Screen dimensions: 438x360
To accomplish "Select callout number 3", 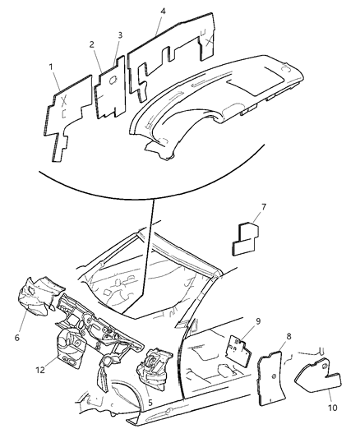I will click(120, 35).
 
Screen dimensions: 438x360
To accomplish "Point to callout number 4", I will click(163, 12).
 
